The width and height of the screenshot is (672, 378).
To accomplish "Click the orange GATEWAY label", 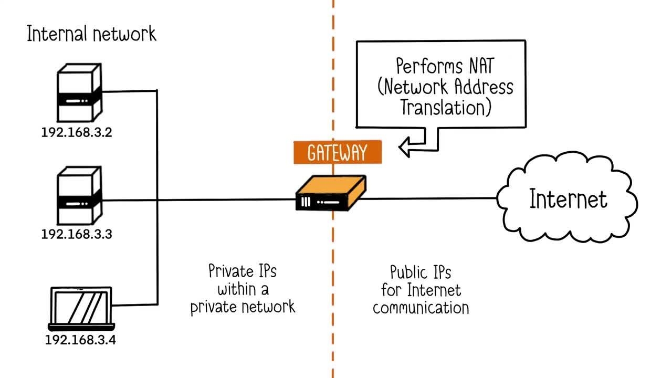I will (338, 153).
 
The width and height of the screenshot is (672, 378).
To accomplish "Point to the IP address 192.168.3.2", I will (77, 132).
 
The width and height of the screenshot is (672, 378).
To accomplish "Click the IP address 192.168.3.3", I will (77, 234).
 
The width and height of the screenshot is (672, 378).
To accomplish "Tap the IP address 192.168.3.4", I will (80, 340).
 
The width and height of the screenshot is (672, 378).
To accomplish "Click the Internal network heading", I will (91, 35).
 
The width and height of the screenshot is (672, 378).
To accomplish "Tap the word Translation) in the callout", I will (446, 107).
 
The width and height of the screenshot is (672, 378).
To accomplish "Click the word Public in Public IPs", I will (407, 272).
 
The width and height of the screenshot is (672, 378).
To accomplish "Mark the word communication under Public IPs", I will (421, 308).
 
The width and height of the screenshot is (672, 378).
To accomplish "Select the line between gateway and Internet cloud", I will (430, 198).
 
